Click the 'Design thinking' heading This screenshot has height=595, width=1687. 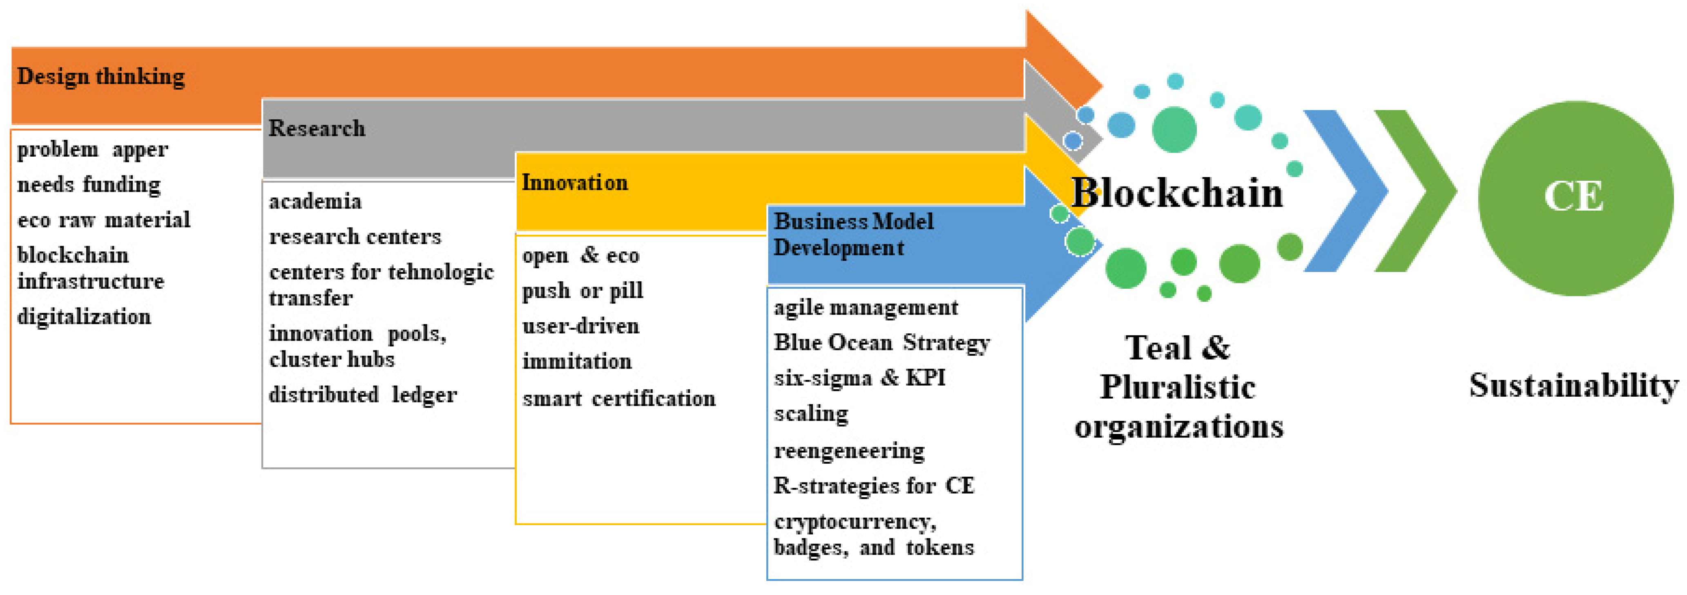[101, 76]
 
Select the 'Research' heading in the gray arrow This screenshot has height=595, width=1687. [317, 128]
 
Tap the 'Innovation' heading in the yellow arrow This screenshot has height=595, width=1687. [574, 183]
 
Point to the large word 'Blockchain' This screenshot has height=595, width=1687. [1177, 193]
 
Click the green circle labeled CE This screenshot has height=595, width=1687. [1574, 197]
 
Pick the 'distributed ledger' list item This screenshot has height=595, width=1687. [363, 395]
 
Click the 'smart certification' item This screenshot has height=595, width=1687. [618, 398]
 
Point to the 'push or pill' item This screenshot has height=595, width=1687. [582, 291]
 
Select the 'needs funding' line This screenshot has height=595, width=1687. [89, 185]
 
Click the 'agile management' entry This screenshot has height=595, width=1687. [865, 308]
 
